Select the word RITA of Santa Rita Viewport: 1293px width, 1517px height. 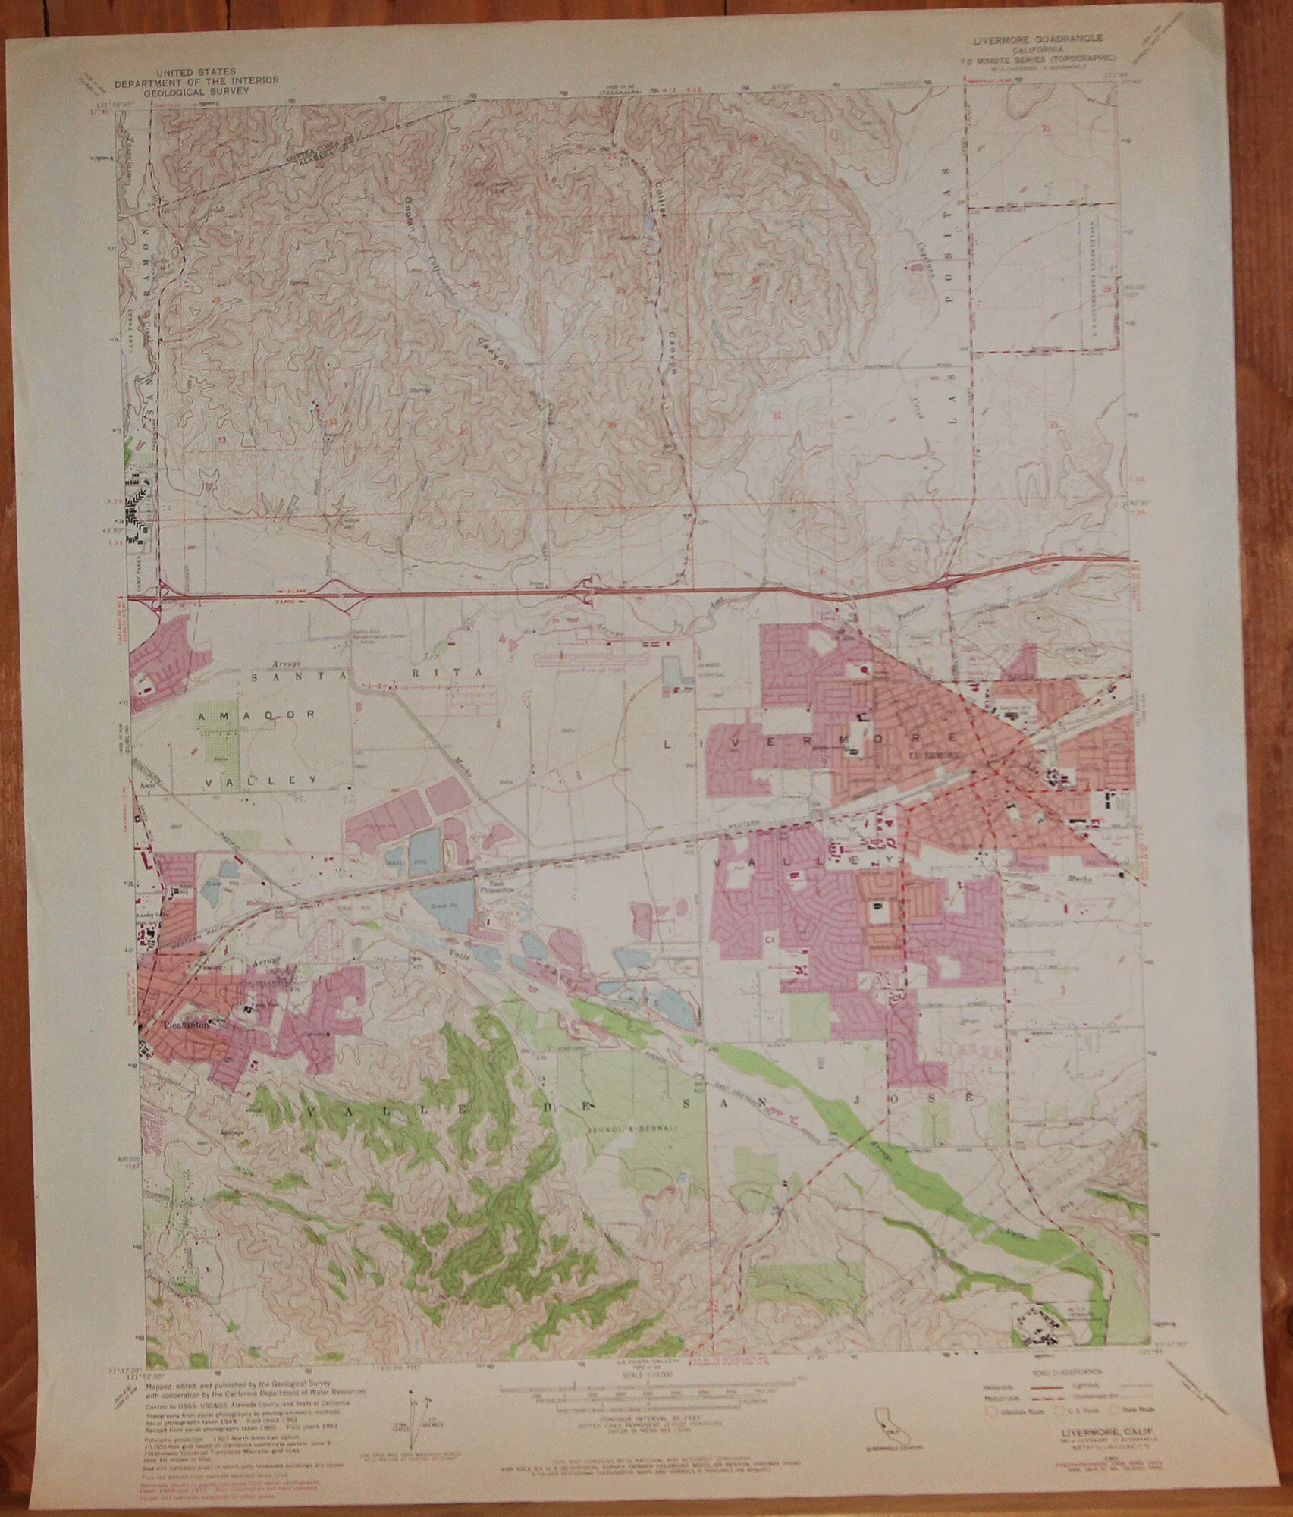(x=459, y=673)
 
